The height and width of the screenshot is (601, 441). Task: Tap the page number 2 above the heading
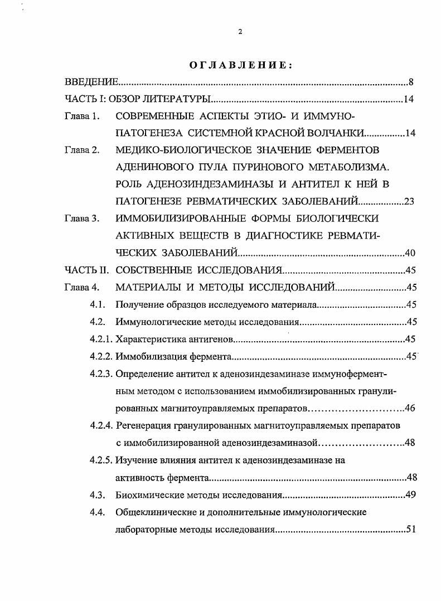click(x=240, y=32)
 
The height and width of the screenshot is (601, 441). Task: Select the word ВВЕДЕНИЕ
click(x=91, y=83)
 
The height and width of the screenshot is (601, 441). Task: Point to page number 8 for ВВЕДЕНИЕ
click(x=410, y=83)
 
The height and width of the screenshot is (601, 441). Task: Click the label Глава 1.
click(x=81, y=117)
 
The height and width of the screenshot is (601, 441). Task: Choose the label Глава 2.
click(x=81, y=151)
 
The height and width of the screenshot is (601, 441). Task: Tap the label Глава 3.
click(x=81, y=219)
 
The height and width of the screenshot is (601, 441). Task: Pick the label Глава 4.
click(x=81, y=288)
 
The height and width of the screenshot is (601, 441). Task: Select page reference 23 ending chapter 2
click(x=409, y=202)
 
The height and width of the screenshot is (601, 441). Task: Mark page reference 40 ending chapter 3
click(x=410, y=253)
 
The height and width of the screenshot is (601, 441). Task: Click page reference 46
click(x=410, y=408)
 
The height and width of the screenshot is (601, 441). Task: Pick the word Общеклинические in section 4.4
click(x=154, y=512)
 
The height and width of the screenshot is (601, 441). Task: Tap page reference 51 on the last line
click(x=411, y=529)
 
